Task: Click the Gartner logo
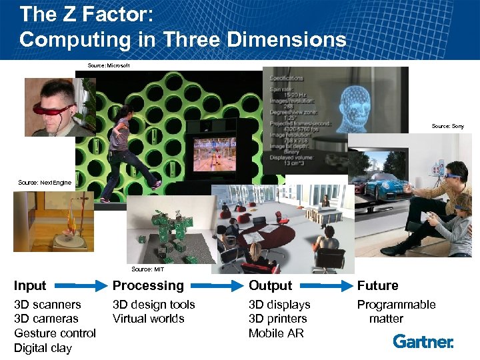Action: (423, 341)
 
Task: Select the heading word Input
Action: (30, 286)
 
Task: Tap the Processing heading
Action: (148, 286)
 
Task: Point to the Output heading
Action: (270, 286)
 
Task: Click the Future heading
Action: (377, 286)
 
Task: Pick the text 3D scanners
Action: (47, 305)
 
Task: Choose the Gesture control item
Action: (55, 333)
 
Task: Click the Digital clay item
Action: (43, 347)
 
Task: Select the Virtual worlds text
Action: (148, 319)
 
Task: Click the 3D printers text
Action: (277, 319)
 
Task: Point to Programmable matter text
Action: (396, 311)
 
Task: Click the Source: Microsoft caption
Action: (109, 65)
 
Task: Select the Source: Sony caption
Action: (447, 126)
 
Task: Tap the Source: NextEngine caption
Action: (45, 182)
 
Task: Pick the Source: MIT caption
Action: (147, 269)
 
